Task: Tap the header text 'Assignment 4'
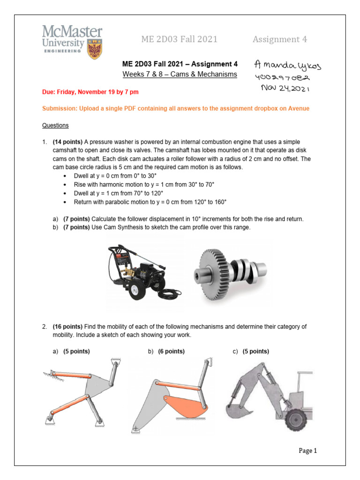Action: pos(280,39)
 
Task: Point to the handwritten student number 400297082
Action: pos(285,76)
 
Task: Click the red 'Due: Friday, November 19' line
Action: pos(90,92)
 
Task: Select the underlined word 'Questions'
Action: pos(55,125)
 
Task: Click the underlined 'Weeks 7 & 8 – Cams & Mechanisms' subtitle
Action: pos(180,75)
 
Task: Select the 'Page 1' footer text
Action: pos(308,451)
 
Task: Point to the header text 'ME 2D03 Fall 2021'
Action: pos(179,39)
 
